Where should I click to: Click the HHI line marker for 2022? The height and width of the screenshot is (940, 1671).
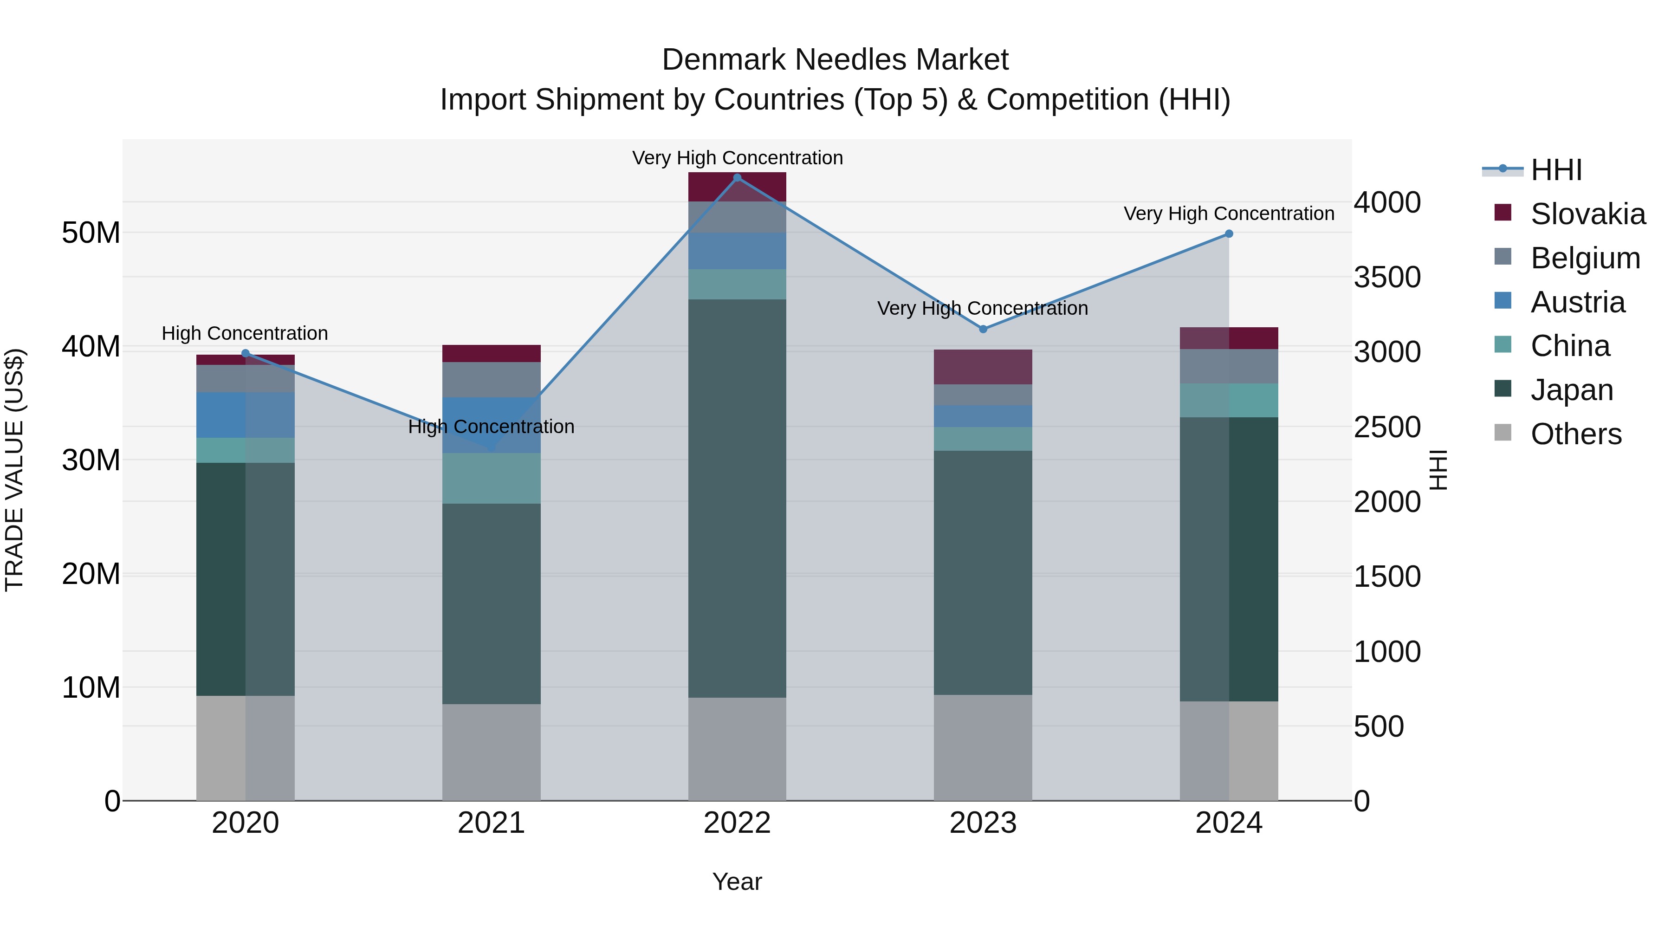tap(737, 178)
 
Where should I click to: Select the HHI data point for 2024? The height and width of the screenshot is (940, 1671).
tap(1229, 234)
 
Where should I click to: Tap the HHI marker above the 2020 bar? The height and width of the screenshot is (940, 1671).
tap(245, 354)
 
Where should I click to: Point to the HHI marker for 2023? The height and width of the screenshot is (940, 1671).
tap(983, 329)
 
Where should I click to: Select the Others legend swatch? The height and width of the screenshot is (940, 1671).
tap(1503, 433)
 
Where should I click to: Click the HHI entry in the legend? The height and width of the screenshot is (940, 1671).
tap(1555, 170)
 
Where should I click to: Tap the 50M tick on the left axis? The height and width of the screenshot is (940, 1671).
tap(91, 232)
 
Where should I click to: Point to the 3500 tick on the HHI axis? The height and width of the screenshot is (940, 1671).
tap(1387, 277)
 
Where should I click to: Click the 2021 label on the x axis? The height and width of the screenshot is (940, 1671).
tap(491, 823)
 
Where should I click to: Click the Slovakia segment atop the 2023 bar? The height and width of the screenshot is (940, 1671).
tap(983, 367)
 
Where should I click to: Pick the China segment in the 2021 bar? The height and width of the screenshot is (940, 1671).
tap(491, 478)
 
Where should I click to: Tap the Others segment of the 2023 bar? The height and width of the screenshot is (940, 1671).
tap(983, 747)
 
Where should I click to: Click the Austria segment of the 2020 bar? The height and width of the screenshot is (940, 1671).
tap(245, 415)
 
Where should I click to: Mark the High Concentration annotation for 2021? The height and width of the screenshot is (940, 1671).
tap(491, 427)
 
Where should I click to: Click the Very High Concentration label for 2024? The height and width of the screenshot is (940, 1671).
tap(1229, 214)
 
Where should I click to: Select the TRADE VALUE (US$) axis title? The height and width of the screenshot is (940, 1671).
tap(14, 470)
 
